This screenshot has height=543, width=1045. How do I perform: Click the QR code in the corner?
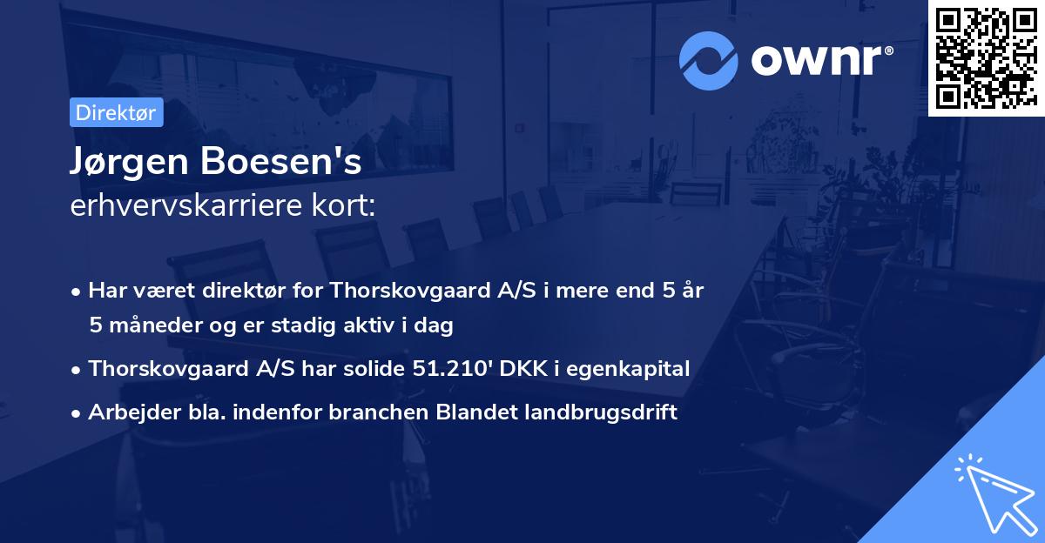tap(986, 58)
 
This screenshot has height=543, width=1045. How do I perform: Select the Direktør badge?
tap(116, 112)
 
